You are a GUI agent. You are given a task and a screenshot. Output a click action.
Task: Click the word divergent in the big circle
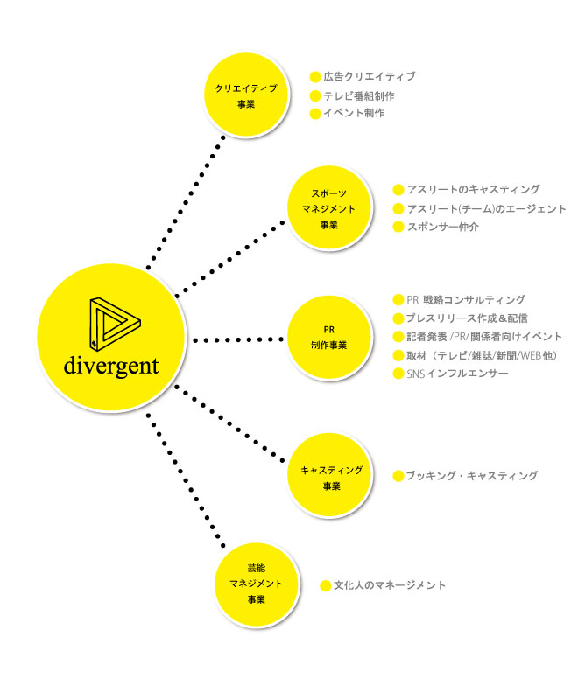(110, 365)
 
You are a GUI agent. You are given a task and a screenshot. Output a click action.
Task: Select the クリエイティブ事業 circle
(246, 95)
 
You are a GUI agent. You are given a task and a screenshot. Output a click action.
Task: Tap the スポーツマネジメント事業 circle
(329, 211)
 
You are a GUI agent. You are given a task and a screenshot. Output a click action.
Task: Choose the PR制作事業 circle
(329, 338)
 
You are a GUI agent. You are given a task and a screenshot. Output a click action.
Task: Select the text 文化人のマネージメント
(390, 584)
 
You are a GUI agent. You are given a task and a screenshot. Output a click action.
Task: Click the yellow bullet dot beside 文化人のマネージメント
(326, 585)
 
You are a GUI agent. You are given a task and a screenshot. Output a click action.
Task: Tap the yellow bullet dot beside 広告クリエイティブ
(315, 77)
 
